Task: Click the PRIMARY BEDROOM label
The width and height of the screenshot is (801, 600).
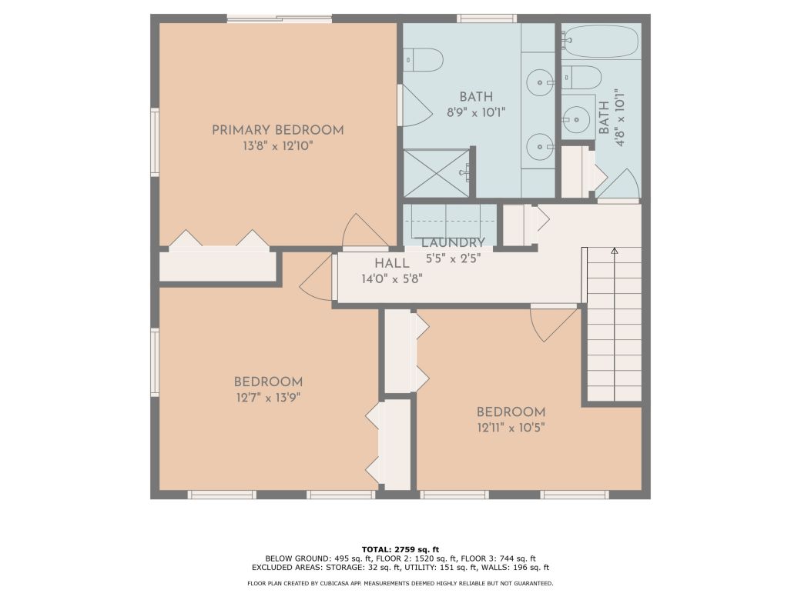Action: pos(277,130)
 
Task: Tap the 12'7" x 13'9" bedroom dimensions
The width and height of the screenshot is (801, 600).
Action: pos(268,398)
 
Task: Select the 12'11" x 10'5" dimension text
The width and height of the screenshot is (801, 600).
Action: pos(511,428)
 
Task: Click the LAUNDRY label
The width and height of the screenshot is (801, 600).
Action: pos(453,243)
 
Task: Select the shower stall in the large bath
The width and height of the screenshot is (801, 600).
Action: pos(437,173)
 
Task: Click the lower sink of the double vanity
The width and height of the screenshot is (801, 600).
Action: pos(540,144)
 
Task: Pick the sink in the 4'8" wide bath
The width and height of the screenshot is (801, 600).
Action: pos(574,118)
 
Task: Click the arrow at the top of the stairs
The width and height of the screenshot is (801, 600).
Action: pos(614,250)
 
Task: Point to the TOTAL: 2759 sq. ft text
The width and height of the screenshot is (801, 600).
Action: pos(400,549)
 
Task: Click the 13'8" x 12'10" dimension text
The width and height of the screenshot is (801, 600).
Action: pos(277,146)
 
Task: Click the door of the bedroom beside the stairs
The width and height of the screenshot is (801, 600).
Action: pos(553,322)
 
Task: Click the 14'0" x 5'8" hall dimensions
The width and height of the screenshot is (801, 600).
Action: pos(391,279)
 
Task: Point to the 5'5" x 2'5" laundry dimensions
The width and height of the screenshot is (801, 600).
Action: pos(453,259)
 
